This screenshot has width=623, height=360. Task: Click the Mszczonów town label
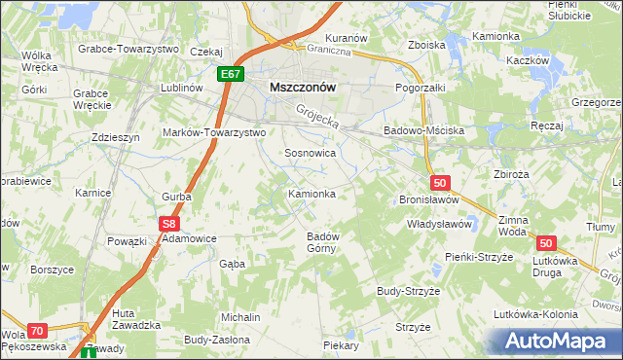[x=302, y=86]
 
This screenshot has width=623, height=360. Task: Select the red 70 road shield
[x=36, y=331]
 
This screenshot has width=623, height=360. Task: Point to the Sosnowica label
[x=311, y=153]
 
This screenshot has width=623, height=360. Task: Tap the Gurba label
[x=176, y=197]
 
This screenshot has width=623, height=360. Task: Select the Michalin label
[x=240, y=318]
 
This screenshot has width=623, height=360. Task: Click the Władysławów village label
[x=439, y=224]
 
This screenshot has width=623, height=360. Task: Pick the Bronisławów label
[x=431, y=199]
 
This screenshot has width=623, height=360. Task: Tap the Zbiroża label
[x=511, y=175]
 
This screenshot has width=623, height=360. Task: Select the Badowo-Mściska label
[x=424, y=129]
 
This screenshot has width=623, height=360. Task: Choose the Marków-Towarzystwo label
[x=214, y=131]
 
